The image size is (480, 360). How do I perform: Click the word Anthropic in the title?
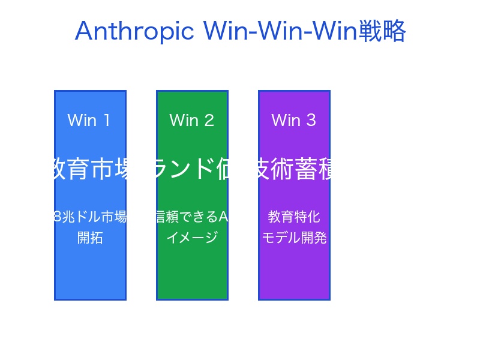coord(134,31)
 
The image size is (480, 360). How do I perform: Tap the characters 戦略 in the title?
coord(382,31)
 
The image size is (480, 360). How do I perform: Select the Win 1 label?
coord(89,120)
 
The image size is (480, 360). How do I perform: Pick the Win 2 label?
coord(191,120)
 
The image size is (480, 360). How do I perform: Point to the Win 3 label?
coord(293,120)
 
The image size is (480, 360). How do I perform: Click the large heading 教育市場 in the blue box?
coord(90,169)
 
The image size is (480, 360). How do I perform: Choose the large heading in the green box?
coord(192,169)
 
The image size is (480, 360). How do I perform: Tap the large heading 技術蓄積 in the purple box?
coord(294,169)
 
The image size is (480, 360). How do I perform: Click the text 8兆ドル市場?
coord(90,217)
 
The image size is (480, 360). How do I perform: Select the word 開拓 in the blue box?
coord(90,238)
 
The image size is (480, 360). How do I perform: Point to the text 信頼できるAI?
coord(192,217)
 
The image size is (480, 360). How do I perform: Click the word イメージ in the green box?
coord(192,238)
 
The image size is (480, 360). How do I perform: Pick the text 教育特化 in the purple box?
coord(294,217)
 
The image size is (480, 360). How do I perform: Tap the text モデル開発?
coord(294,238)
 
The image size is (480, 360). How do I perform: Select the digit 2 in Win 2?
coord(209,120)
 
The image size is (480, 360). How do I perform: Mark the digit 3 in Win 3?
coord(311,120)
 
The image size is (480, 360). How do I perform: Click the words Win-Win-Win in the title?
coord(280,31)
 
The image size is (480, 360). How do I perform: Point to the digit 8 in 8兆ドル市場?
coord(58,217)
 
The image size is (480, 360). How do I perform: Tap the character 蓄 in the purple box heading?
coord(305,169)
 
